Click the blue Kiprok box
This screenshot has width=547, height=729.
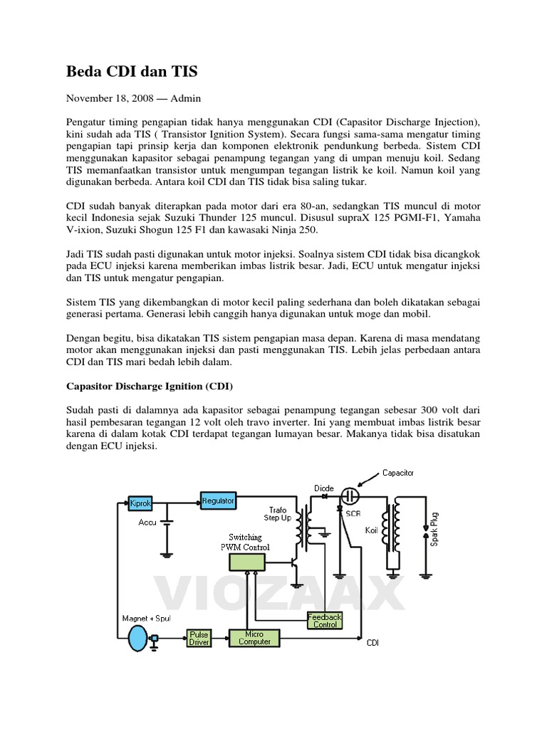[x=140, y=503]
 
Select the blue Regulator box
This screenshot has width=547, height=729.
[x=218, y=501]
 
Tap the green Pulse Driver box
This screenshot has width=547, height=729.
[x=199, y=638]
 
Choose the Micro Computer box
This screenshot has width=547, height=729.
[x=254, y=638]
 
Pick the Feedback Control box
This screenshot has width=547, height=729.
[x=325, y=620]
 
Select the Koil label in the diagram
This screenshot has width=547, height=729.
[x=371, y=531]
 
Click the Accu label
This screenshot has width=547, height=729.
[x=147, y=523]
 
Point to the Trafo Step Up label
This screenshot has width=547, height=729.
[x=278, y=513]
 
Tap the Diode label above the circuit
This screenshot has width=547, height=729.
[x=323, y=488]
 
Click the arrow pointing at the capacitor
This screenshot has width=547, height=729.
[x=368, y=479]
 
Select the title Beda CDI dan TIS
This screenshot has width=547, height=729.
[x=132, y=71]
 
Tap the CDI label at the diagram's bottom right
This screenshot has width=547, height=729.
[x=373, y=643]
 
